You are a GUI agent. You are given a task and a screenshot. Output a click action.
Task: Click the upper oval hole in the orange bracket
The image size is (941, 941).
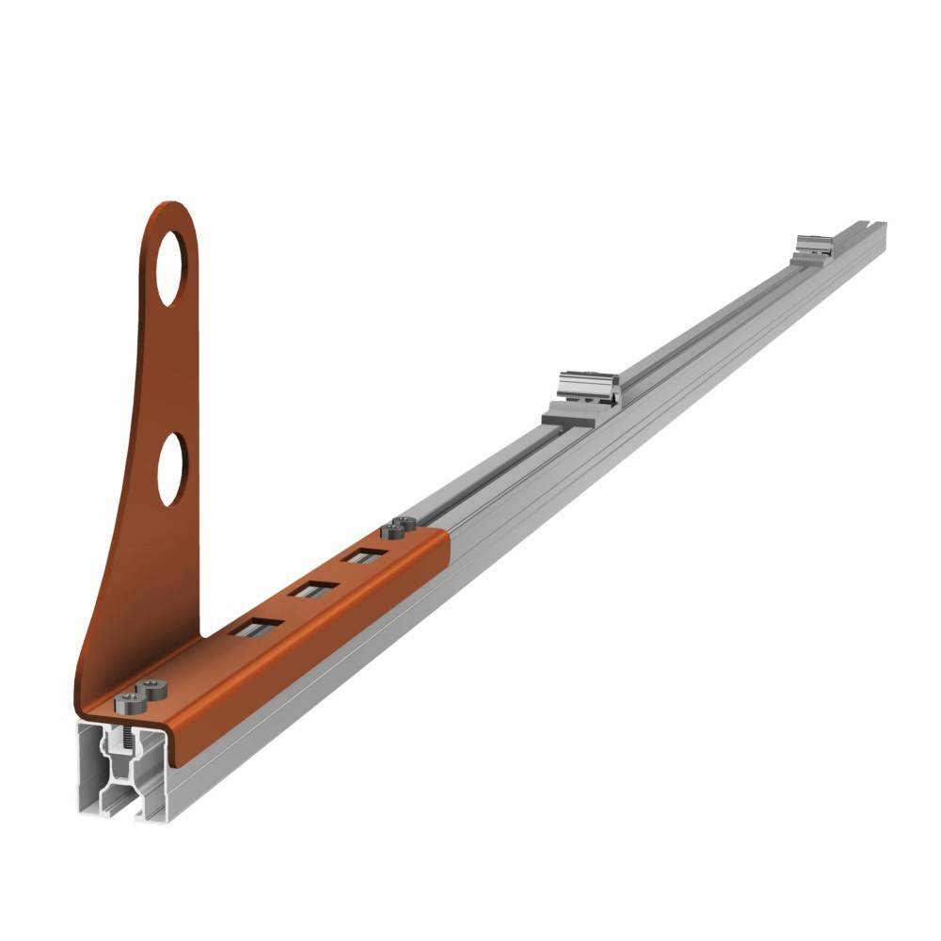pos(171,267)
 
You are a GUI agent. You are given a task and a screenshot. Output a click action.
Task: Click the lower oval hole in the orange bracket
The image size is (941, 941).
pos(172,469)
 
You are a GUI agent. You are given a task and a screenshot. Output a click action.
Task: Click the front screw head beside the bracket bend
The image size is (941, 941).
pos(127,700)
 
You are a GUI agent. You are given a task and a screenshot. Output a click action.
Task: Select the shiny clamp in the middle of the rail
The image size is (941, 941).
pos(587,388)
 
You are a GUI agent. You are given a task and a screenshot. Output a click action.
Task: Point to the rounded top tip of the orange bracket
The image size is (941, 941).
pos(169,209)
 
